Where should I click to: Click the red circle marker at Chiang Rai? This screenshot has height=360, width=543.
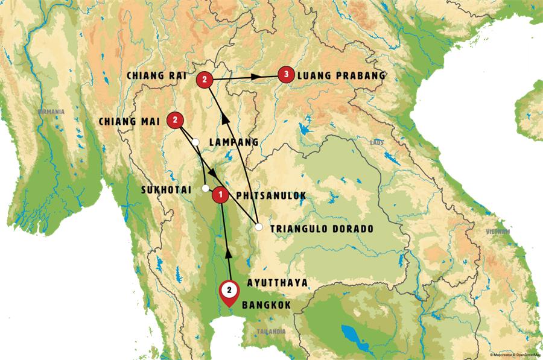(205, 79)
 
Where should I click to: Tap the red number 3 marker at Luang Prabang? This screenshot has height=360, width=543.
(287, 75)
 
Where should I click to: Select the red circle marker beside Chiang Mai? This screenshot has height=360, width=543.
(175, 120)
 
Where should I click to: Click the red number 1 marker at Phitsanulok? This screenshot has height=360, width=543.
(221, 194)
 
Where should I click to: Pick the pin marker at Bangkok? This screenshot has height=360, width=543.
(229, 291)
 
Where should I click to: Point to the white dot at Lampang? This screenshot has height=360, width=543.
(195, 142)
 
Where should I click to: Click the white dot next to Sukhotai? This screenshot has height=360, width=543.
(206, 188)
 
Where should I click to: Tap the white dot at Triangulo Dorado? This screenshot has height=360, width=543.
(259, 227)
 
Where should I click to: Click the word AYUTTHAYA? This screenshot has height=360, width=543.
(278, 282)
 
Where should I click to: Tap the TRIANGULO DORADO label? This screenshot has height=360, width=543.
(322, 229)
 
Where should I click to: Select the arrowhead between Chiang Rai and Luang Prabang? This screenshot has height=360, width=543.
(256, 77)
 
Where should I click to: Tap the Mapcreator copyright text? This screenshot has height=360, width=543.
(515, 355)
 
